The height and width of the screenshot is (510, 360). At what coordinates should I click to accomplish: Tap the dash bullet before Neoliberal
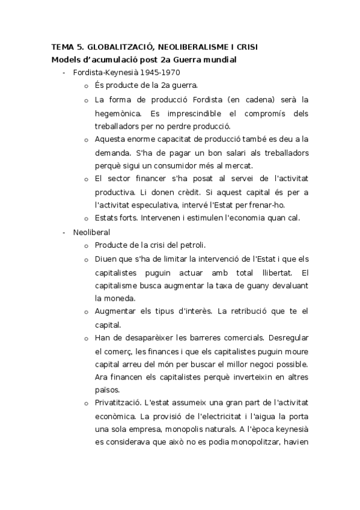pos(64,232)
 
